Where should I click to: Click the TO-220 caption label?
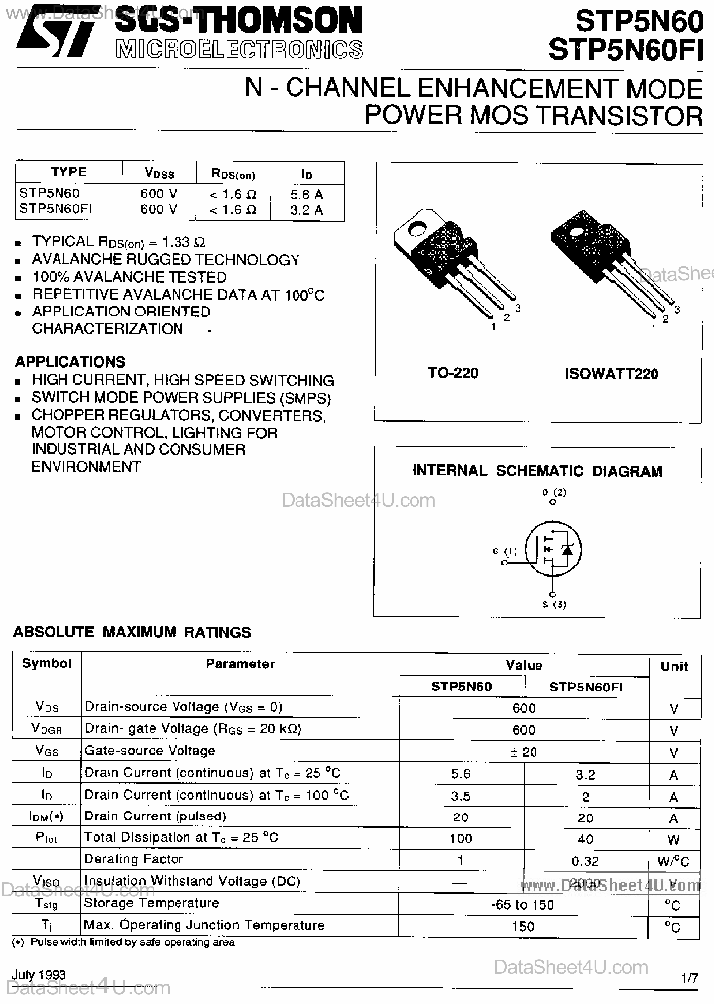(x=452, y=374)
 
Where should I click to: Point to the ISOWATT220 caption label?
(x=612, y=374)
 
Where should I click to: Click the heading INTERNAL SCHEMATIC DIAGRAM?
(x=536, y=471)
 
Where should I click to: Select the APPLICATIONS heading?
(x=69, y=362)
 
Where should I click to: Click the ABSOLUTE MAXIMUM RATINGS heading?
(x=131, y=631)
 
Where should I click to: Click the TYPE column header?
(x=68, y=172)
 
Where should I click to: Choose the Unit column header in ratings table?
(x=673, y=666)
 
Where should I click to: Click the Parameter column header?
(x=240, y=664)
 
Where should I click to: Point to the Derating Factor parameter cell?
(x=133, y=858)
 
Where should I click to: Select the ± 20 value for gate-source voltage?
(x=523, y=752)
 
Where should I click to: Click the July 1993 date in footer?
(x=40, y=975)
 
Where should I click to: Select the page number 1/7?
(x=690, y=979)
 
